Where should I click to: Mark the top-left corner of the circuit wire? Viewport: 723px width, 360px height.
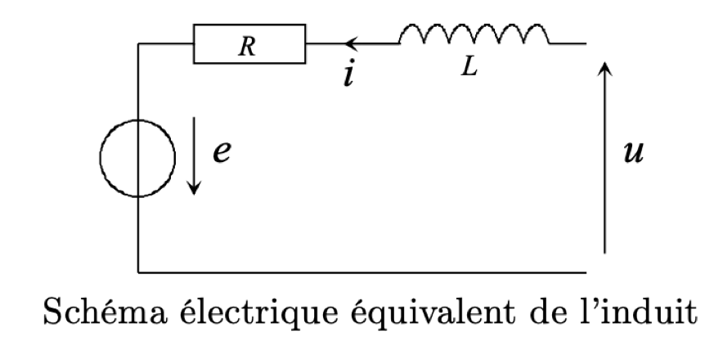[x=138, y=43]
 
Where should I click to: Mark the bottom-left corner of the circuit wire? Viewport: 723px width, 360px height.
[x=138, y=271]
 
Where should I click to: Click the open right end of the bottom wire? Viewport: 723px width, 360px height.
[x=586, y=271]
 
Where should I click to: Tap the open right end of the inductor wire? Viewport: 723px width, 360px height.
[x=586, y=43]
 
